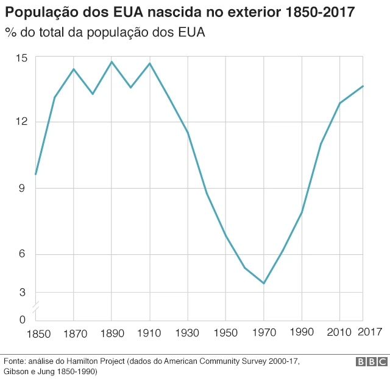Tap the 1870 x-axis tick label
[74, 333]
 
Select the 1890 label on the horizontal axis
[112, 333]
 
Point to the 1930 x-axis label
[188, 333]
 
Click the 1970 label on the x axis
[263, 333]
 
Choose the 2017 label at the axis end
[369, 332]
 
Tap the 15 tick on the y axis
[22, 57]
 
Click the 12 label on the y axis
[22, 122]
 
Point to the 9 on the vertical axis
[22, 189]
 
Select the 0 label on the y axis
[22, 319]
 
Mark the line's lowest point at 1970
[264, 283]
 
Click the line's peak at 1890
[112, 61]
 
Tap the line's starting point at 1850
[36, 175]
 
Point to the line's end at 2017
[363, 86]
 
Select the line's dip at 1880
[93, 94]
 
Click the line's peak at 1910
[149, 63]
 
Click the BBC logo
[371, 362]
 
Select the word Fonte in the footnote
[15, 361]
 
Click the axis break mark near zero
[36, 307]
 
